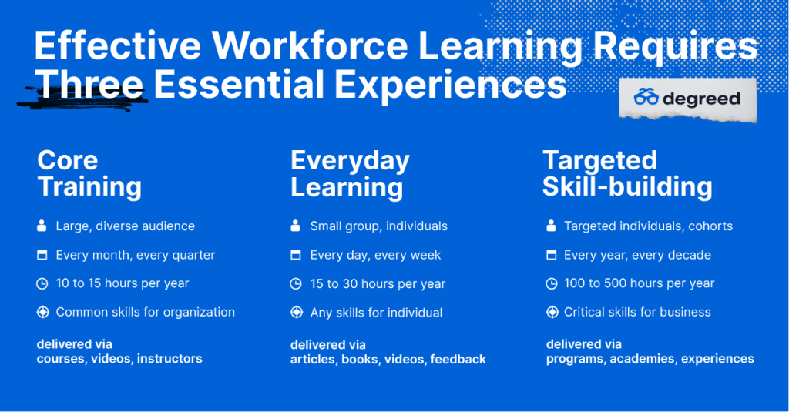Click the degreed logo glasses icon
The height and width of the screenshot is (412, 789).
point(646,96)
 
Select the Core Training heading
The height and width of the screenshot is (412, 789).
point(89,173)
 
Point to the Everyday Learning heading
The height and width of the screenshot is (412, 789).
point(351,174)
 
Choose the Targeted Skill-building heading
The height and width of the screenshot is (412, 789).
point(627,173)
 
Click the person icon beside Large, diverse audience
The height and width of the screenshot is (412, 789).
point(42,226)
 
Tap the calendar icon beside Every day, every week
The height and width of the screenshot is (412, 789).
point(296,255)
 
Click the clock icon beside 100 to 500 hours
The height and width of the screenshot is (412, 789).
point(552,283)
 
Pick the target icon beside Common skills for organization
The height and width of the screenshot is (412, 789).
point(43,313)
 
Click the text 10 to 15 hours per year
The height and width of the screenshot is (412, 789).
point(123,283)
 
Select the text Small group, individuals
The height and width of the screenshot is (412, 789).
point(379,226)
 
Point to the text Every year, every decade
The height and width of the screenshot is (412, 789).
point(637,255)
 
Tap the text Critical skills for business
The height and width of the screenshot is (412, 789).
point(637,312)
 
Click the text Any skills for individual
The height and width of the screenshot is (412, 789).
point(376,313)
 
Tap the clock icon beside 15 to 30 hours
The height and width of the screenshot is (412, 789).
point(296,283)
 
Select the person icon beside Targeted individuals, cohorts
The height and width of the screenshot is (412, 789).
point(551,226)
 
